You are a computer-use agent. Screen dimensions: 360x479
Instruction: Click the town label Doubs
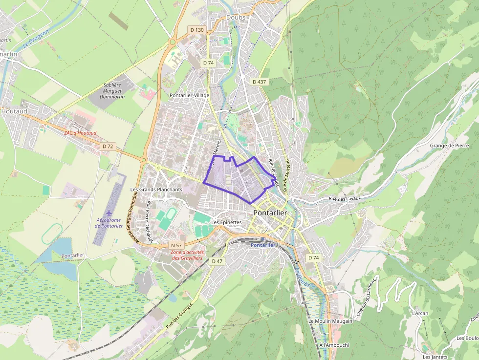(x=236, y=18)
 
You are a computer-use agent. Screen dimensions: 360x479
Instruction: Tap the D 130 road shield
(x=196, y=30)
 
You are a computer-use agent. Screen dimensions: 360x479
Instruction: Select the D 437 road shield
(x=259, y=82)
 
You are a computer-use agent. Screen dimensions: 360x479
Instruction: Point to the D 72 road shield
(x=108, y=146)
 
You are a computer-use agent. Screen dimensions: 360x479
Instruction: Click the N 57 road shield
(x=176, y=245)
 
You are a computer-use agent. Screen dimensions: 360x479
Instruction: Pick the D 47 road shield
(x=217, y=261)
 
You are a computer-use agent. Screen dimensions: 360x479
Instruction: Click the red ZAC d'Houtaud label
(x=81, y=133)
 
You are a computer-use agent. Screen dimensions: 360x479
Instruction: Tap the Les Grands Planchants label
(x=156, y=189)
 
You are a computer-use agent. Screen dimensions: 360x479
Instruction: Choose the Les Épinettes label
(x=226, y=222)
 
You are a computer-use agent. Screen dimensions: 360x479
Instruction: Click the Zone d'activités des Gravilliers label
(x=187, y=255)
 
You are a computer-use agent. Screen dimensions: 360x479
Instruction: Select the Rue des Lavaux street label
(x=345, y=198)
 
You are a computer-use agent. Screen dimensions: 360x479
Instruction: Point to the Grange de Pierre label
(x=449, y=146)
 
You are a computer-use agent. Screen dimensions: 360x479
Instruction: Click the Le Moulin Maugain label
(x=330, y=321)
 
